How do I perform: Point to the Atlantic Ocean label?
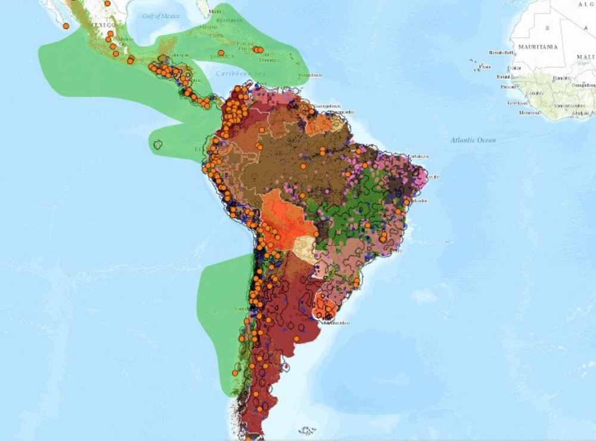(473, 140)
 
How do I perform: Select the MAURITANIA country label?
(538, 46)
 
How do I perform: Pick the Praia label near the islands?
(485, 67)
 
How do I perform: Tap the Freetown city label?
(513, 103)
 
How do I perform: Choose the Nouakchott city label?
(499, 52)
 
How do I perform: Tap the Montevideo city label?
(337, 323)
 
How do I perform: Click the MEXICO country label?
(103, 25)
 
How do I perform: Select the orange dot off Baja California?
(66, 26)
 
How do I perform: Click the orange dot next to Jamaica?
(221, 53)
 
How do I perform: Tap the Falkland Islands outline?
(308, 430)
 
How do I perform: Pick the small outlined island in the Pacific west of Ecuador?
(158, 144)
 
